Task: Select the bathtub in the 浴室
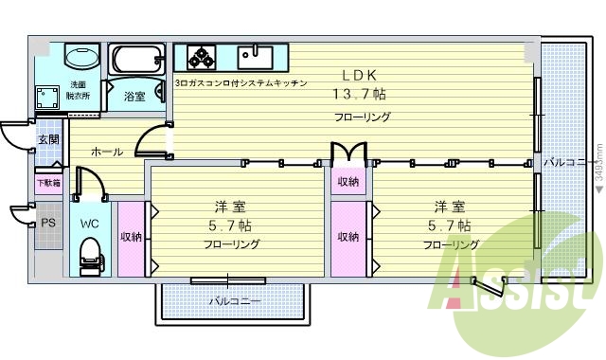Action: click(x=135, y=61)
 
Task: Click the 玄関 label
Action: click(x=47, y=139)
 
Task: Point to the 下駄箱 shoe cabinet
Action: click(x=48, y=183)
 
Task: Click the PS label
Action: click(x=48, y=224)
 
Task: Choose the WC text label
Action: click(x=89, y=224)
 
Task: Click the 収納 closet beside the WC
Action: click(x=131, y=237)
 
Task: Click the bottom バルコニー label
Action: click(x=234, y=301)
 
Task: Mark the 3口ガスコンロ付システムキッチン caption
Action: click(x=241, y=83)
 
